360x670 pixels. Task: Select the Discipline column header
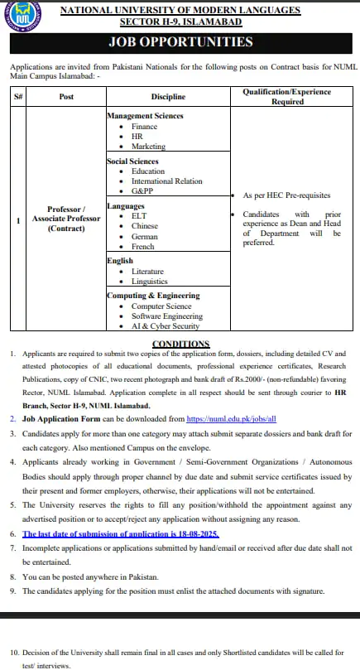pos(168,97)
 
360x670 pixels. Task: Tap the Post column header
pos(66,97)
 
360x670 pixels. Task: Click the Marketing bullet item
pos(148,147)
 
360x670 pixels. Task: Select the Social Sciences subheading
pos(132,161)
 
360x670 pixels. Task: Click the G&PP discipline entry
pos(142,191)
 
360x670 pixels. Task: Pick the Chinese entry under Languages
pos(146,226)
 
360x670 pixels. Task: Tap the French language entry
pos(144,246)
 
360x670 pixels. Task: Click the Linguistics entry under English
pos(149,282)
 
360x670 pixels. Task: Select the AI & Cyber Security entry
pos(166,326)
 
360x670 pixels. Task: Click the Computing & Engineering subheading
pos(153,296)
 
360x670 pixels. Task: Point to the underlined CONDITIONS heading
pos(180,344)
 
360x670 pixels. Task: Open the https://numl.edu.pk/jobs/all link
pos(231,420)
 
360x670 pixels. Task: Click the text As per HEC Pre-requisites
pos(286,195)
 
